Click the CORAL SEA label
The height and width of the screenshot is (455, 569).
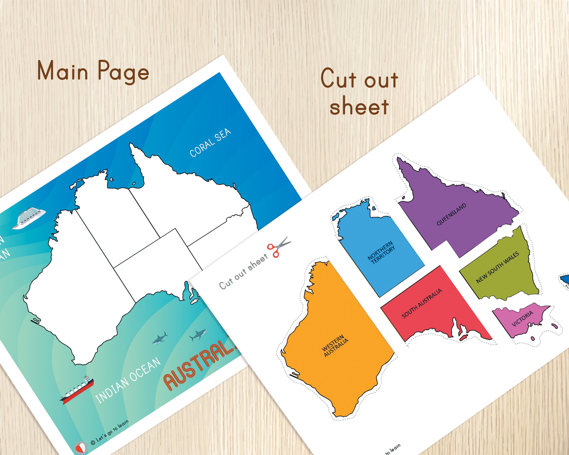[210, 143]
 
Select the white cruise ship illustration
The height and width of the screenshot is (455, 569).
[29, 218]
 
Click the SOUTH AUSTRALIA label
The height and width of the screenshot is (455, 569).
[421, 303]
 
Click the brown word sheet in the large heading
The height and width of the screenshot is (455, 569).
[359, 106]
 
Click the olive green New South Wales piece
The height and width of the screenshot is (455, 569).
[501, 280]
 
